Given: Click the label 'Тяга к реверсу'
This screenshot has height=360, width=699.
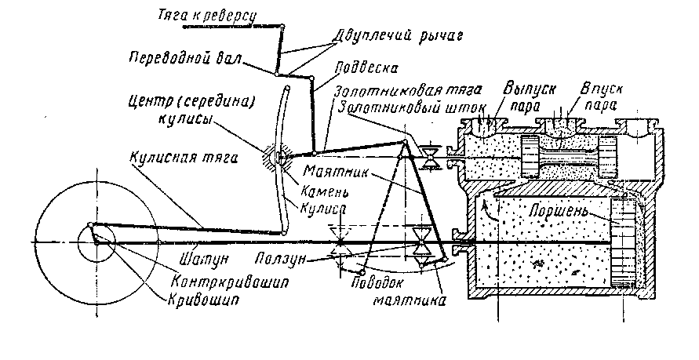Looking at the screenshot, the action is point(208,16).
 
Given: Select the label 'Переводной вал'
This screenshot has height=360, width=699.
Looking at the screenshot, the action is point(185,58).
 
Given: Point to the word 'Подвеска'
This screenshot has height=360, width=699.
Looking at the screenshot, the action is point(366,67).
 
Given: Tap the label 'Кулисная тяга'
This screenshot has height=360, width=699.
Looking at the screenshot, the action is point(184,158).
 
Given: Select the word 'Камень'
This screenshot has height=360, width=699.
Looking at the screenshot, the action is point(324,192).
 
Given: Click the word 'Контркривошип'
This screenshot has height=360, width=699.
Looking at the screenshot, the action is point(230,282).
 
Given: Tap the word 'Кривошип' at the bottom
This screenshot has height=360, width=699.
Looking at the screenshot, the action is point(203,300).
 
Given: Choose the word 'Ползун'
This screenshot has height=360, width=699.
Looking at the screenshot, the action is point(280,259).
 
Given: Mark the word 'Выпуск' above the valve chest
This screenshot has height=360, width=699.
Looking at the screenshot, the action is point(530,89).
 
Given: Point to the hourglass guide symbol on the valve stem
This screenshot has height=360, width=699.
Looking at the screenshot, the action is point(431,158).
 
